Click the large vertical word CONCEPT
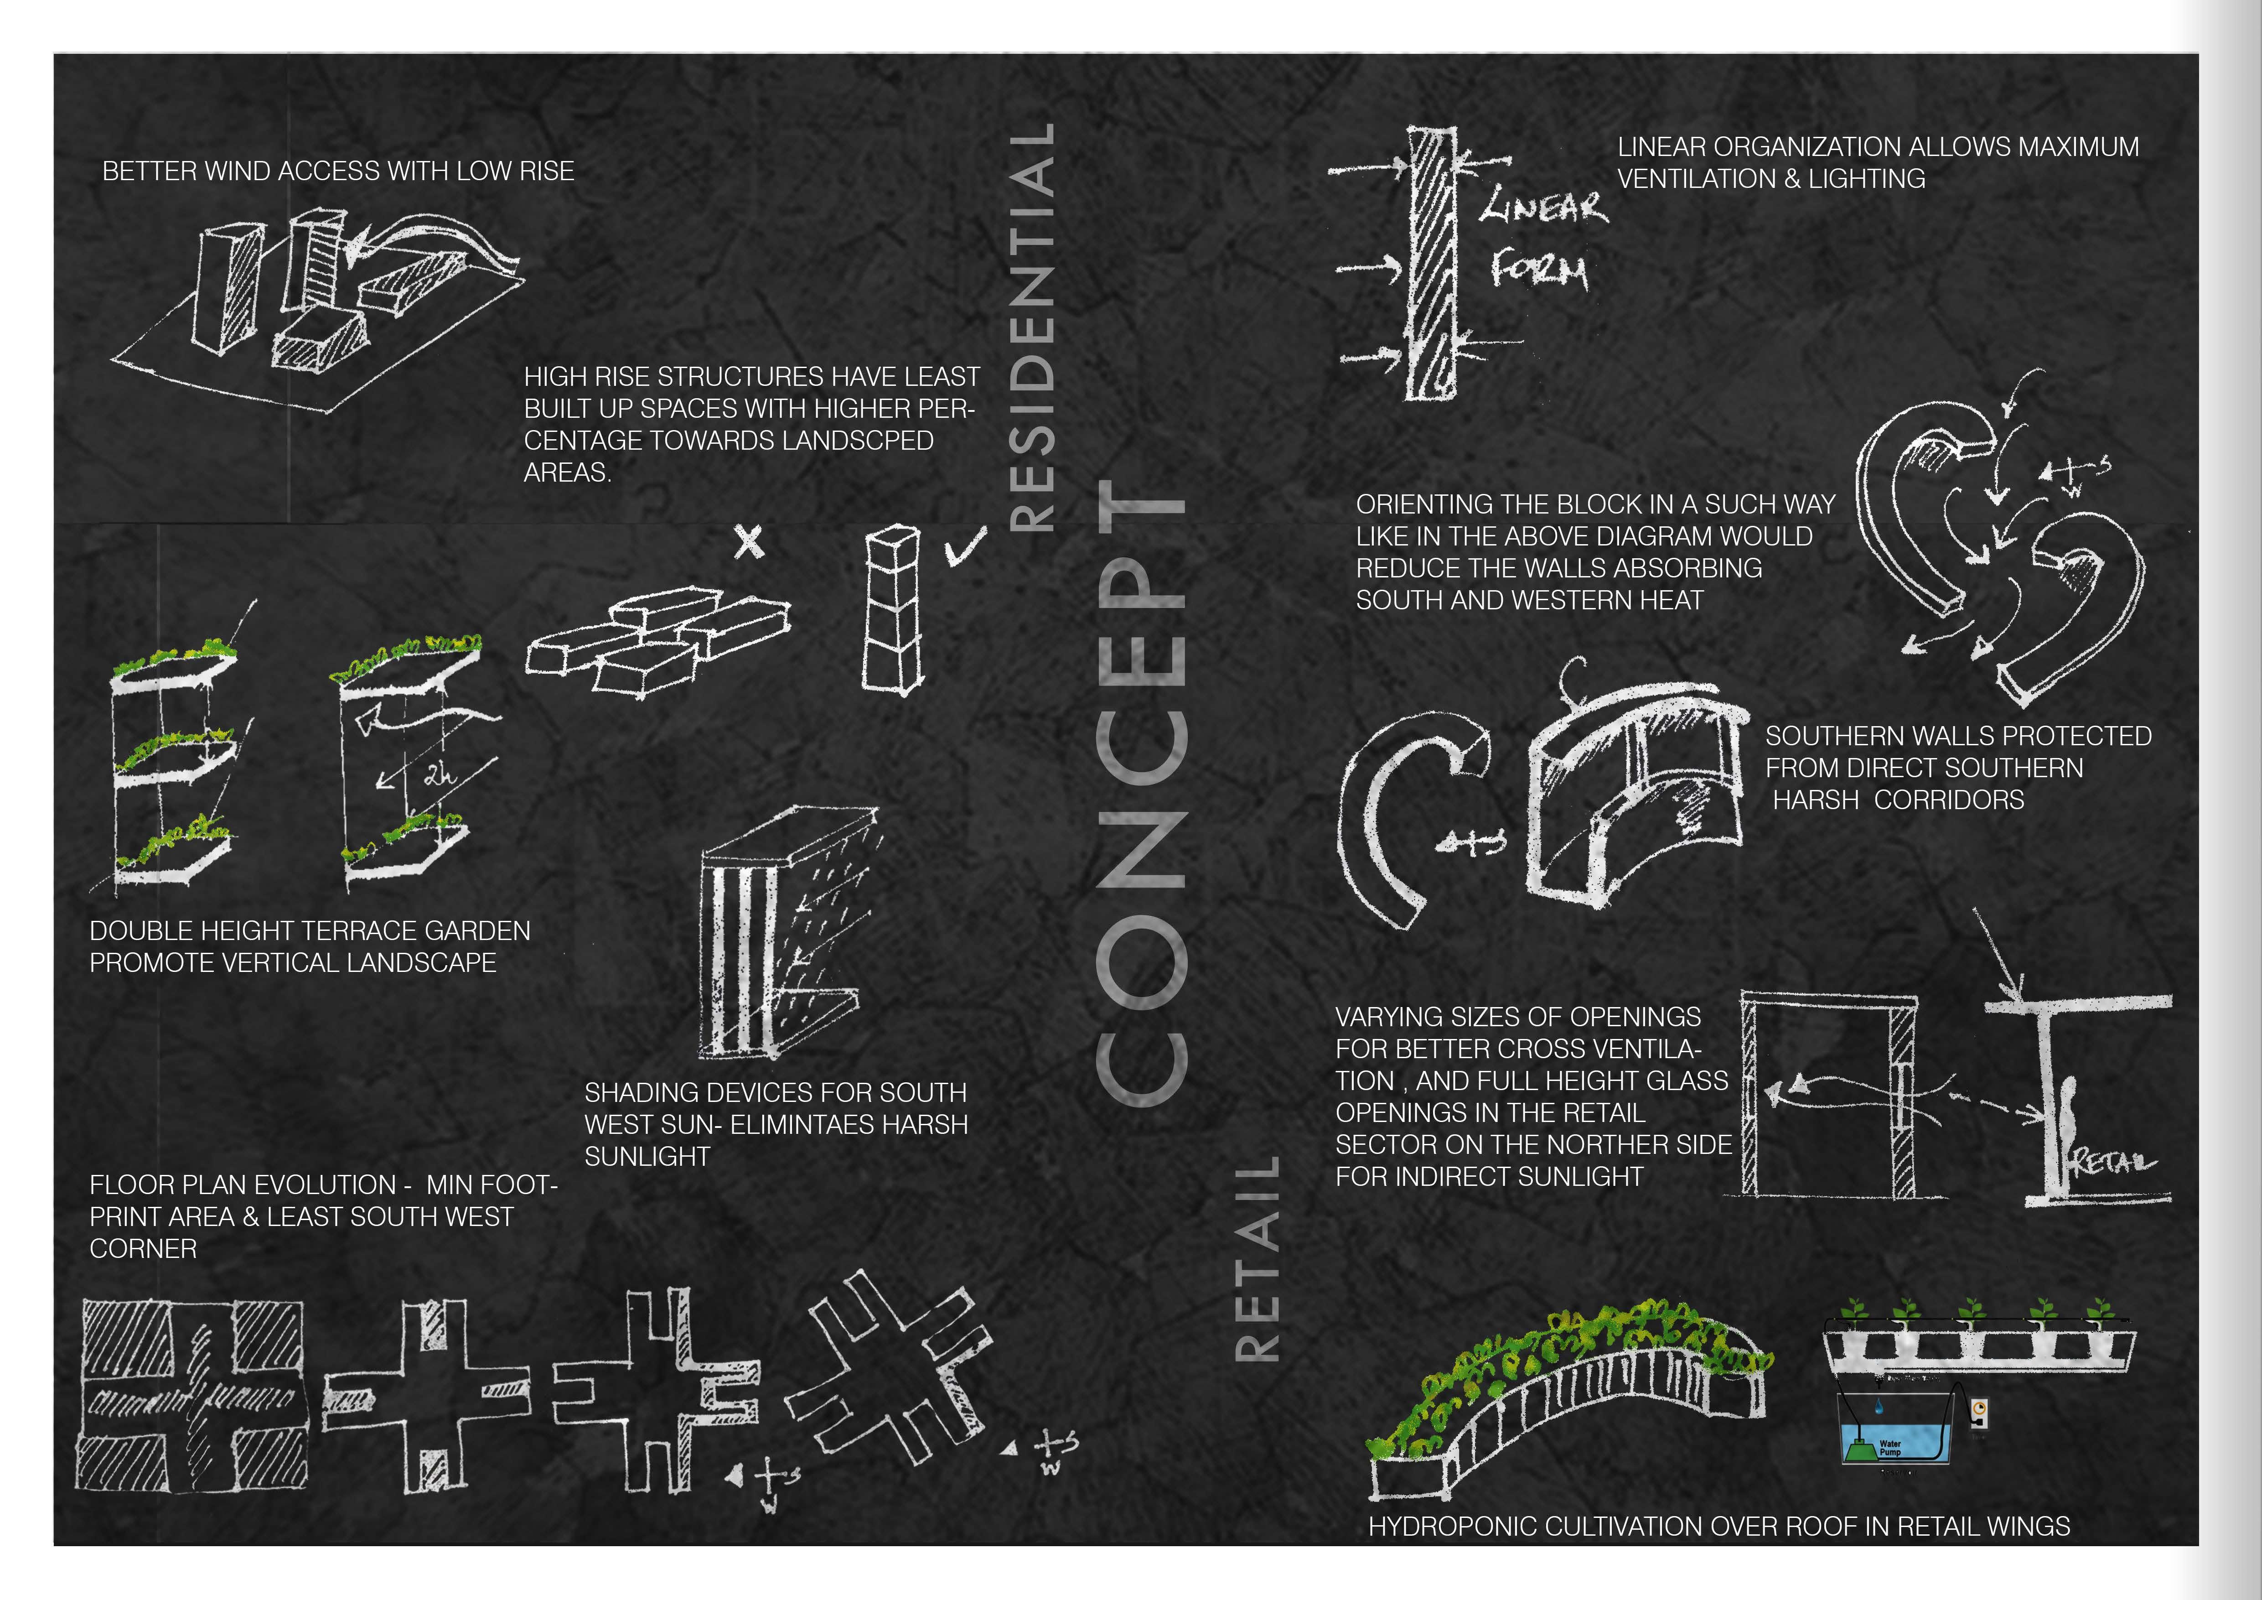click(1141, 793)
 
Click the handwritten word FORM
click(1539, 269)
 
